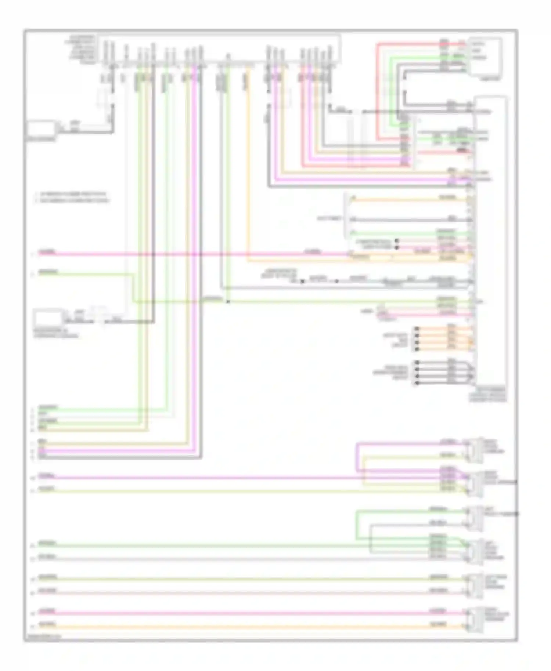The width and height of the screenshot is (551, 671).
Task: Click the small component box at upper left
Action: [x=41, y=128]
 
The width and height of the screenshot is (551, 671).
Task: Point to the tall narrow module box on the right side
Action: [x=491, y=242]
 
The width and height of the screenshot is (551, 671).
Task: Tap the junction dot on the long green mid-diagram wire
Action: [x=228, y=302]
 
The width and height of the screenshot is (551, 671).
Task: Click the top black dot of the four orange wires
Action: [x=417, y=329]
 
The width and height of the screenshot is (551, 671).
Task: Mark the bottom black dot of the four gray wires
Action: [x=417, y=383]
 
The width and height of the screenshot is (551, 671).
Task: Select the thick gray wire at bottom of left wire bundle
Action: [x=118, y=457]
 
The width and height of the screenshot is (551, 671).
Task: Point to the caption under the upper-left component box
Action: [x=41, y=140]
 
